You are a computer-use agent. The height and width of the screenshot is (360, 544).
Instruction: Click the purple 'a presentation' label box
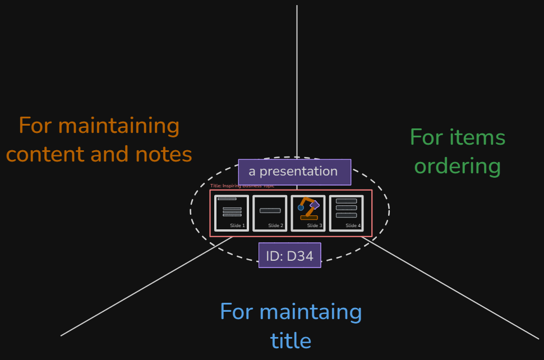click(294, 172)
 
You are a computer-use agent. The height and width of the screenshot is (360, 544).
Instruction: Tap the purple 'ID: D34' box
click(289, 255)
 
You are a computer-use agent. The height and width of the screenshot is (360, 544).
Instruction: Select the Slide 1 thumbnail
click(232, 213)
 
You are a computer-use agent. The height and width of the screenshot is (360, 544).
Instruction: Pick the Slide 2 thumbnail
click(270, 213)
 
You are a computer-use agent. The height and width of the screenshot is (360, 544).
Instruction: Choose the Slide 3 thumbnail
click(308, 213)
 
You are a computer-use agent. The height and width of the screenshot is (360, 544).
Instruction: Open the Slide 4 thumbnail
click(346, 213)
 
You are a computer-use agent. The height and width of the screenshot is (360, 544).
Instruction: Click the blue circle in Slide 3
click(301, 207)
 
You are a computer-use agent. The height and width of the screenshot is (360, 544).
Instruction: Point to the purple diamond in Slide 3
click(315, 205)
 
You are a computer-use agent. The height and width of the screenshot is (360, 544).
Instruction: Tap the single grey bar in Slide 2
click(270, 210)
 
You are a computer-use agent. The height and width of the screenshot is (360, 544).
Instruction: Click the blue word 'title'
click(291, 340)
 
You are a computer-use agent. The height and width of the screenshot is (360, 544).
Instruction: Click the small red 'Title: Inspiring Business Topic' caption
click(242, 186)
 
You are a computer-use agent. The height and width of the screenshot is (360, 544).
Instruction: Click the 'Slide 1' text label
click(237, 225)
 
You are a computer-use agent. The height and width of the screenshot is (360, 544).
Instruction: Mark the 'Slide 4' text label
click(353, 225)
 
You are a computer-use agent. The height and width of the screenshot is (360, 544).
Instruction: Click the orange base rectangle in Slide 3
click(309, 218)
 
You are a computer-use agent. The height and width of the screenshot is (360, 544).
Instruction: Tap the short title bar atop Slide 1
click(227, 199)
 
